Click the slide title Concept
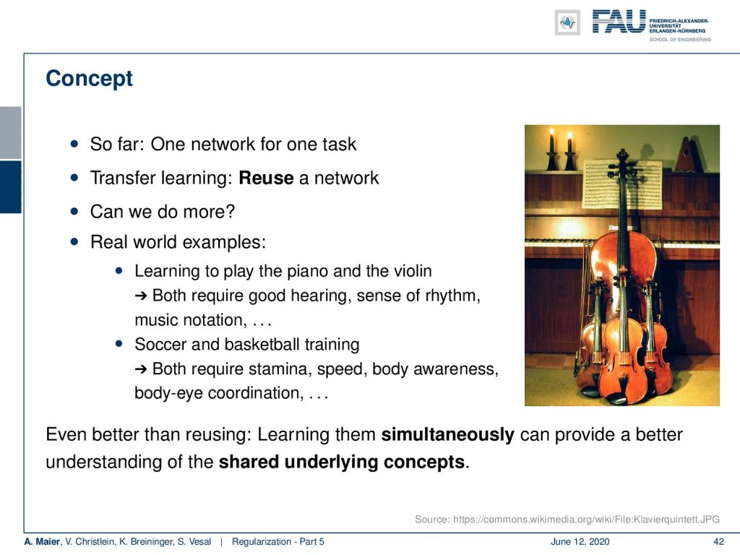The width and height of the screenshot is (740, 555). [x=89, y=78]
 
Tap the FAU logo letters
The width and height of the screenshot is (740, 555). [x=619, y=22]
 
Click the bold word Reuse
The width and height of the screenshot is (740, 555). [x=266, y=178]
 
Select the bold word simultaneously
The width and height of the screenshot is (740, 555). [x=447, y=434]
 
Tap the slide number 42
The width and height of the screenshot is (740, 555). [x=718, y=542]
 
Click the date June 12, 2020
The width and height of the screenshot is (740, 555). [x=580, y=542]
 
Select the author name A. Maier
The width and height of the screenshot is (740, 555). [x=42, y=542]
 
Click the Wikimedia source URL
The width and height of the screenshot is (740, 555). [x=586, y=520]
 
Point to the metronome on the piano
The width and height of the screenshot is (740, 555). [x=687, y=155]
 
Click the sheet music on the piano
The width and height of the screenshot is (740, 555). [x=622, y=184]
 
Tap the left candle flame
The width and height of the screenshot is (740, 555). [x=551, y=133]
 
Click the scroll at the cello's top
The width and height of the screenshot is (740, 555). [x=623, y=156]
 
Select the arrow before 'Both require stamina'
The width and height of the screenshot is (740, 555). [x=141, y=369]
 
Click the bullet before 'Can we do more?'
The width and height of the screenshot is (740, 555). [x=74, y=212]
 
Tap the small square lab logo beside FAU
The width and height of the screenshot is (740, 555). [x=567, y=22]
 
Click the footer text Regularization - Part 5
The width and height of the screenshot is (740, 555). [x=278, y=542]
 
